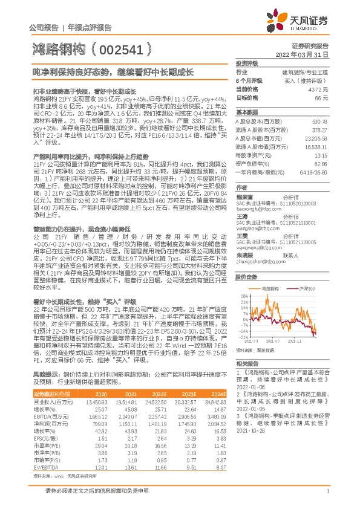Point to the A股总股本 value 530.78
point(320,121)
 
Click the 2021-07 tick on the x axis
point(283,340)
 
